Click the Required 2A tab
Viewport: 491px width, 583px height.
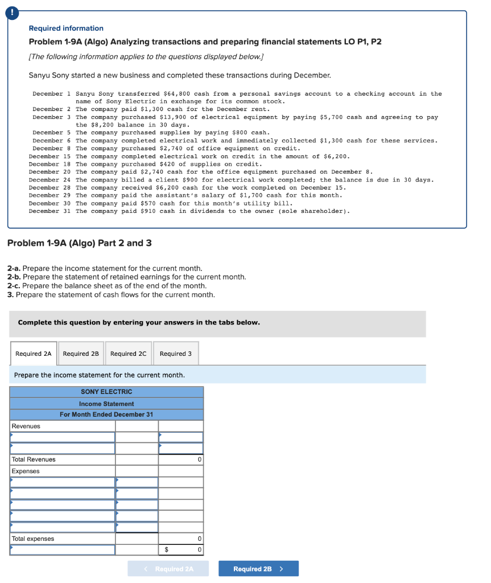(x=33, y=354)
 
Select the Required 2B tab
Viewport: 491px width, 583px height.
(x=81, y=354)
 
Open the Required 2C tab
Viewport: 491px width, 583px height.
(x=128, y=354)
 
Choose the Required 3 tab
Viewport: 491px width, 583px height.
(x=175, y=354)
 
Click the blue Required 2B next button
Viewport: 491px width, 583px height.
(x=258, y=569)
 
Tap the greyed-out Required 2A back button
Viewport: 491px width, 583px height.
(x=168, y=569)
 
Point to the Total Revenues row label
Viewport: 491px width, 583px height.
(x=34, y=459)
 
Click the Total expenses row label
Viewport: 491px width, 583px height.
(x=33, y=539)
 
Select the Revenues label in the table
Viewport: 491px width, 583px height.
(x=26, y=426)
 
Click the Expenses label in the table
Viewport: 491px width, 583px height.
(x=26, y=471)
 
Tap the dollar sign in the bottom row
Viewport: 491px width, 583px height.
(x=166, y=550)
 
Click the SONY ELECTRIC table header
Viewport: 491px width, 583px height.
(x=106, y=392)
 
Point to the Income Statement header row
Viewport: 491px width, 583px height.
(x=106, y=404)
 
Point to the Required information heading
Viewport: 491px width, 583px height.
(x=66, y=28)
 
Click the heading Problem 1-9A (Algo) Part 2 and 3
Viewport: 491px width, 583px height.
(x=79, y=243)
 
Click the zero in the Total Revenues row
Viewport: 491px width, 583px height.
(x=199, y=459)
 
